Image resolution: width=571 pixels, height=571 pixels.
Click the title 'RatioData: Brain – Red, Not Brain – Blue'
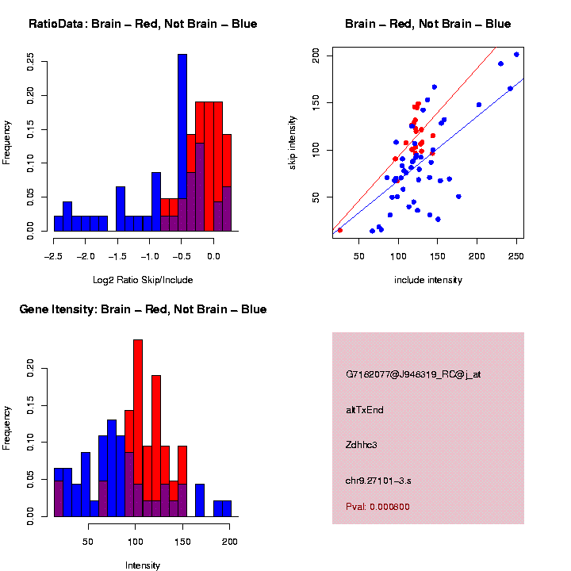[143, 24]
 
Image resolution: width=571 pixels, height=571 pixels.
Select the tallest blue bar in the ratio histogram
[182, 127]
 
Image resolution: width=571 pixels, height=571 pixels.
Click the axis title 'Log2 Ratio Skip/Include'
[143, 280]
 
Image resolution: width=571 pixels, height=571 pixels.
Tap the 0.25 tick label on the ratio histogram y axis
[31, 61]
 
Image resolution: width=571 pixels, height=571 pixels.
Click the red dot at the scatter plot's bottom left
[340, 230]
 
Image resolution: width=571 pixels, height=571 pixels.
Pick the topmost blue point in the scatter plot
[516, 55]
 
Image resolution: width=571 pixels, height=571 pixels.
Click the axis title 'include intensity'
[428, 280]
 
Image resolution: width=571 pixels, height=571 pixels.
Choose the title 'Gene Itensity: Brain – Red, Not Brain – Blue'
[143, 309]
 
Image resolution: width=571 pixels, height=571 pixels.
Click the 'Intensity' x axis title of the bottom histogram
[143, 565]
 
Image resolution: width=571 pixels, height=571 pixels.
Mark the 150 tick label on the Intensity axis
[183, 543]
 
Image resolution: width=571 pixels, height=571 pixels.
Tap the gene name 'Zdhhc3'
[362, 445]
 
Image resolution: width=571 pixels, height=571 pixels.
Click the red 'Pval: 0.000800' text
[378, 506]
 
